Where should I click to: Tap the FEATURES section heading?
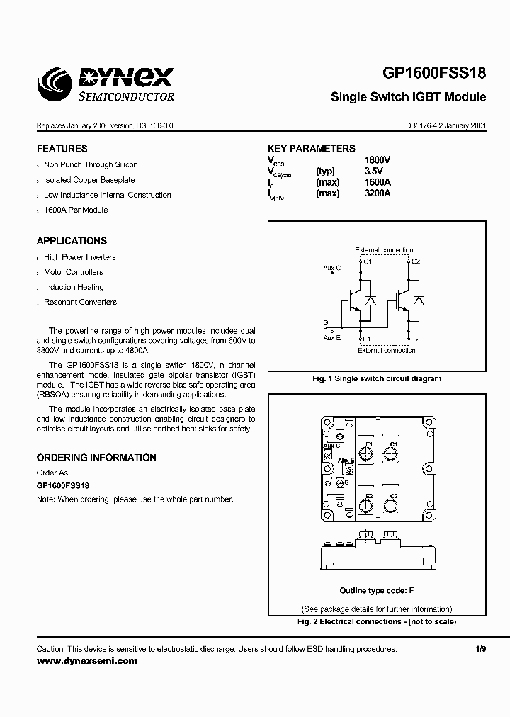click(62, 149)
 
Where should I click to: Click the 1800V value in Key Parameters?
click(377, 160)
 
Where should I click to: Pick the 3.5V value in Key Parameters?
click(373, 171)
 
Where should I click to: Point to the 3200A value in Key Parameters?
click(377, 193)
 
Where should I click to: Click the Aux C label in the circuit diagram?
click(331, 268)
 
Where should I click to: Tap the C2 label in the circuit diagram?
click(416, 261)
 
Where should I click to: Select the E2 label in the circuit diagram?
click(416, 339)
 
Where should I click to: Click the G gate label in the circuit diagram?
click(325, 323)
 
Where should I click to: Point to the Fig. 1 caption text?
click(377, 378)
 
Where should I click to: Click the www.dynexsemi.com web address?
click(87, 660)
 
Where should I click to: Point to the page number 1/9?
click(481, 649)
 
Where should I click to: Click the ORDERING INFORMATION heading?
click(96, 458)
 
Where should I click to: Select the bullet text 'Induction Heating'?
click(74, 287)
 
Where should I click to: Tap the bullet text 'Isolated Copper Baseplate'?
click(89, 180)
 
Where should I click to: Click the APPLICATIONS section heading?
click(72, 241)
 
